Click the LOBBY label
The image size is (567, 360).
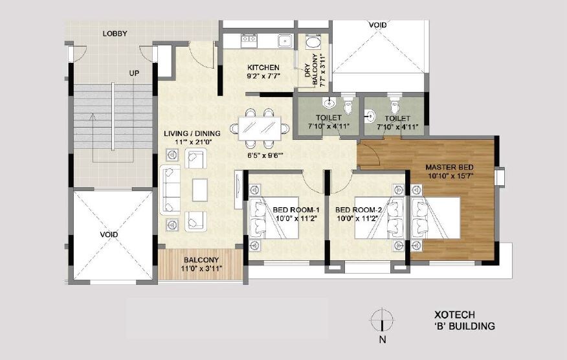(x=115, y=34)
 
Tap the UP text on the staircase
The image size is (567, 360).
(x=133, y=73)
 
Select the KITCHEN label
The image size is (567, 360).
(x=263, y=67)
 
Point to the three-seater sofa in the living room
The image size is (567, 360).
(x=171, y=189)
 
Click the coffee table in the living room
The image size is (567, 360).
(x=200, y=189)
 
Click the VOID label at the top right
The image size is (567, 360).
(x=378, y=25)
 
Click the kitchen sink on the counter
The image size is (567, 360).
(x=283, y=41)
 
